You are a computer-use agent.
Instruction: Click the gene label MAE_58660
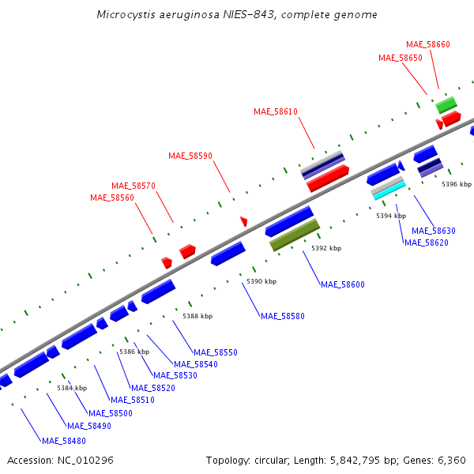(x=428, y=44)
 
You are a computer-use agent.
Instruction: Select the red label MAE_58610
(x=276, y=111)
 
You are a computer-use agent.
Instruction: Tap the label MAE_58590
(x=190, y=156)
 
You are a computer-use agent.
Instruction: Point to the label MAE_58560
(x=112, y=197)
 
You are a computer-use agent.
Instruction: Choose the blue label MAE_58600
(x=343, y=284)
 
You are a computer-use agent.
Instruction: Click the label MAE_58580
(x=283, y=316)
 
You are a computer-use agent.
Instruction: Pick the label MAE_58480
(x=64, y=441)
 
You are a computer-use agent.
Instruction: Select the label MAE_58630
(x=434, y=231)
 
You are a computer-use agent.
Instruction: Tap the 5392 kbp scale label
(x=326, y=248)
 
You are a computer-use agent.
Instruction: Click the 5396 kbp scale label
(x=457, y=184)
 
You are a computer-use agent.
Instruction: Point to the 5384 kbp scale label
(x=72, y=388)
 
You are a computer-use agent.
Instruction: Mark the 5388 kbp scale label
(x=197, y=316)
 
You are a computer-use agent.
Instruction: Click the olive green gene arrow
(x=295, y=235)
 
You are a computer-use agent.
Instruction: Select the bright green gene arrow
(x=446, y=104)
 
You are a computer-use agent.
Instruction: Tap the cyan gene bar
(x=389, y=190)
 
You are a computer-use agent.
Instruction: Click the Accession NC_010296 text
(x=60, y=460)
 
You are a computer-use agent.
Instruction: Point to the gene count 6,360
(x=452, y=460)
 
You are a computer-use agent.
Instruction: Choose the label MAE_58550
(x=216, y=352)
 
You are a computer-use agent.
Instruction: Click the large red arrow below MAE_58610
(x=328, y=179)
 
